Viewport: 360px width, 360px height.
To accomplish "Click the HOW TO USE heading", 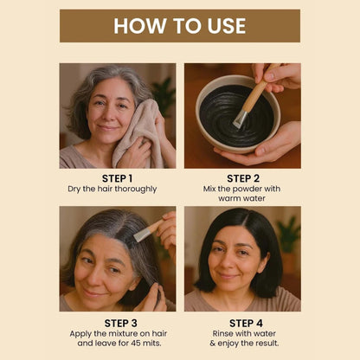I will click(x=180, y=26).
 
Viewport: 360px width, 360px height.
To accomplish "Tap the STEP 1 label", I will click(x=117, y=178).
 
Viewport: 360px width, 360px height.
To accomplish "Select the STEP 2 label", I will click(x=242, y=178).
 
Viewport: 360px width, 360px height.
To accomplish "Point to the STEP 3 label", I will click(x=117, y=321).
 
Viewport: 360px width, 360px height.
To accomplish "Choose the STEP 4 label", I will click(x=242, y=321).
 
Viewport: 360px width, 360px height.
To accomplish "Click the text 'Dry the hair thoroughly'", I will click(x=117, y=189).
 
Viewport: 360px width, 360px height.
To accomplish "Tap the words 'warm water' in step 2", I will click(x=242, y=199).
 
